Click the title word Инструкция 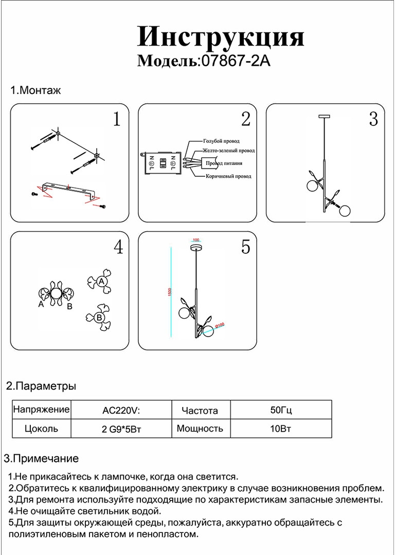[221, 37]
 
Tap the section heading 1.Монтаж [36, 91]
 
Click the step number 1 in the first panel [117, 120]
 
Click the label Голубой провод [221, 141]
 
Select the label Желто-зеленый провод [228, 151]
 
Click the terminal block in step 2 [162, 163]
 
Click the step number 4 [118, 248]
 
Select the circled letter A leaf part [101, 281]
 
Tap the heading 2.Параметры [41, 386]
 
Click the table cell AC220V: [121, 411]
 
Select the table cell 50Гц [281, 411]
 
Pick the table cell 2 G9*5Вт [121, 429]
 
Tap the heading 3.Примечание [41, 458]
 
